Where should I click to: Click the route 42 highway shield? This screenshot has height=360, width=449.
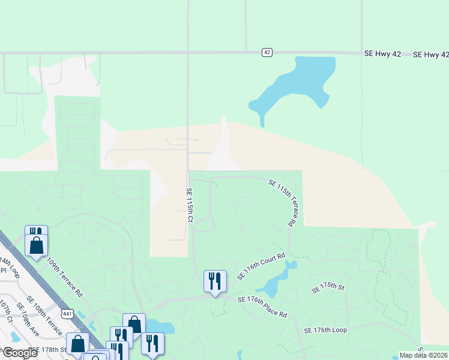pyautogui.click(x=267, y=53)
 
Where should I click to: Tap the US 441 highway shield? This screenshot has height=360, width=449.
pyautogui.click(x=67, y=313)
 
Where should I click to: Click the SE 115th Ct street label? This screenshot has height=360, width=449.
pyautogui.click(x=189, y=205)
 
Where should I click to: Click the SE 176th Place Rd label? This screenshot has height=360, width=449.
pyautogui.click(x=262, y=307)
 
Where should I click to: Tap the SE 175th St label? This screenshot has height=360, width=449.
pyautogui.click(x=328, y=288)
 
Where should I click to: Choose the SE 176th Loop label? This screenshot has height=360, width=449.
pyautogui.click(x=325, y=330)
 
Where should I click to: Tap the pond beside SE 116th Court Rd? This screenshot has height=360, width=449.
pyautogui.click(x=276, y=282)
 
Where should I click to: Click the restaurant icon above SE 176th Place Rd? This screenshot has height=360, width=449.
pyautogui.click(x=214, y=281)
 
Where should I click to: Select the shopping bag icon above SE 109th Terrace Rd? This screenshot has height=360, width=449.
pyautogui.click(x=37, y=245)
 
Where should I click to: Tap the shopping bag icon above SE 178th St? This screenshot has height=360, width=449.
pyautogui.click(x=78, y=344)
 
